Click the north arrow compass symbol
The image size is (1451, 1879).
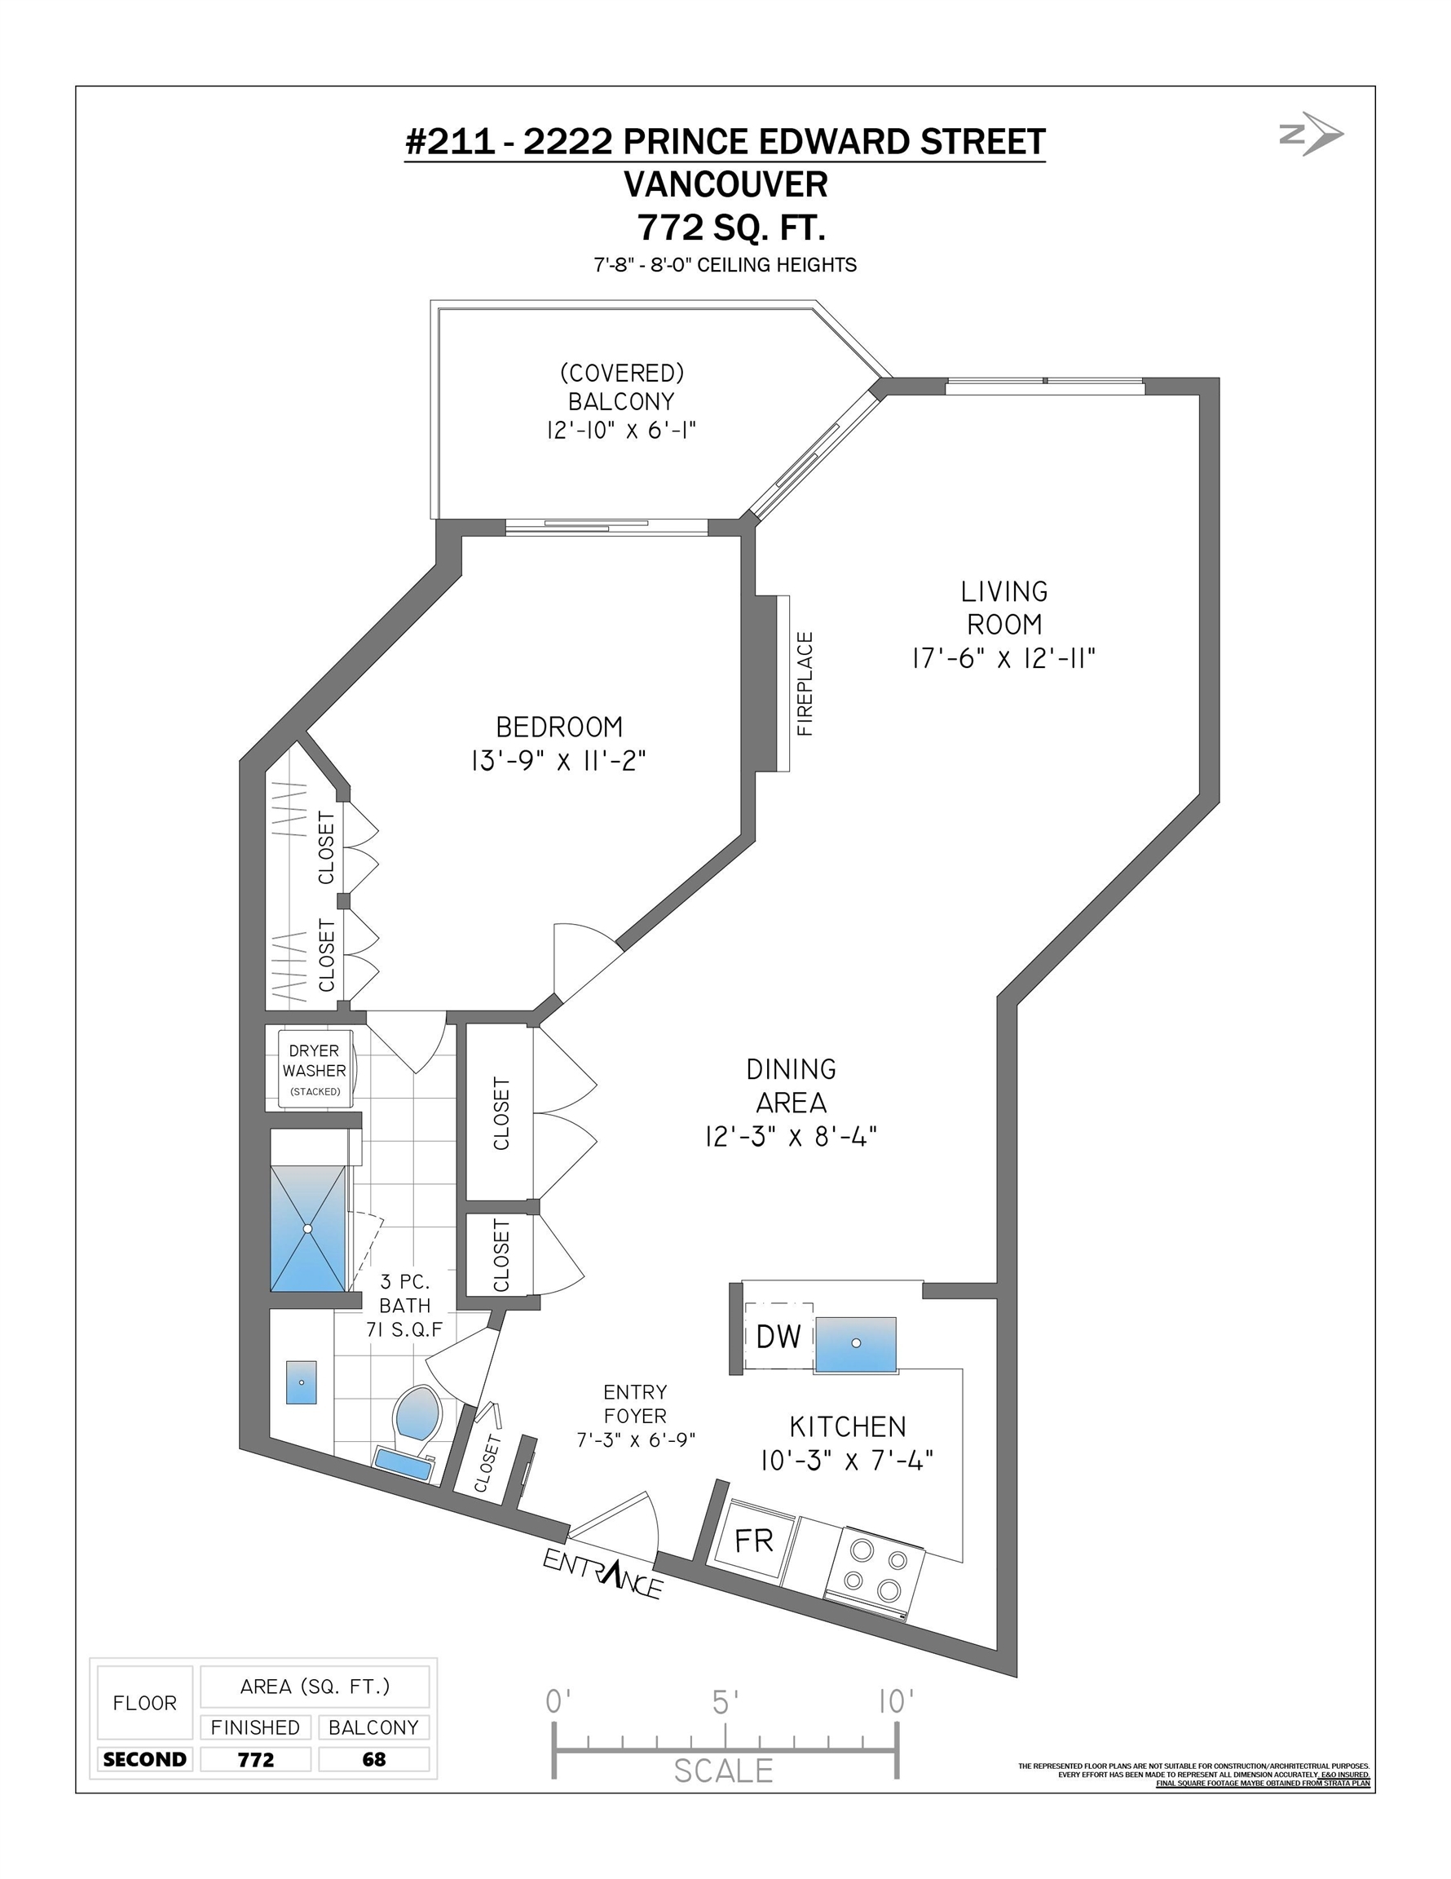tap(1311, 134)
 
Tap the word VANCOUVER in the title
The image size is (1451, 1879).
tap(725, 184)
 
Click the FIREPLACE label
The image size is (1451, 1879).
tap(805, 683)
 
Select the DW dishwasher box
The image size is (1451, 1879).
tap(778, 1336)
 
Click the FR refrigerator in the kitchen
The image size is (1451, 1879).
tap(752, 1541)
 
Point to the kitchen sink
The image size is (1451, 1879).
tap(855, 1343)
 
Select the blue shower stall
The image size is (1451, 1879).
tap(309, 1228)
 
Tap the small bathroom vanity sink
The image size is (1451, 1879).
tap(301, 1382)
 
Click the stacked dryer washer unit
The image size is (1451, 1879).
tap(315, 1068)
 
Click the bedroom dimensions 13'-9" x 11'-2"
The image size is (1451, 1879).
tap(558, 761)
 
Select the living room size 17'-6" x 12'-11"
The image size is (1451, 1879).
tap(1003, 658)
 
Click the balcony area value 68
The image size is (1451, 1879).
tap(374, 1759)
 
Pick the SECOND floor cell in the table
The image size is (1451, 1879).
tap(144, 1759)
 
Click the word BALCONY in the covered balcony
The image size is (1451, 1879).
tap(621, 402)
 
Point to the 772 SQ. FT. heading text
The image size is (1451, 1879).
tap(731, 228)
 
